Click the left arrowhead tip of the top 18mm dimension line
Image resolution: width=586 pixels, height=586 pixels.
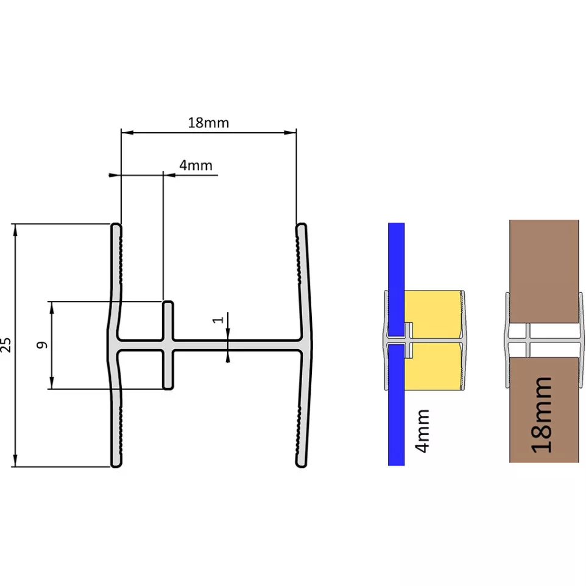tap(121, 132)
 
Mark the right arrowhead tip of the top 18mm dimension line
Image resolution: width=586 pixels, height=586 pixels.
tap(296, 132)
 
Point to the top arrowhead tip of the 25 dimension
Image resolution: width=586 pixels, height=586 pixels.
tap(15, 224)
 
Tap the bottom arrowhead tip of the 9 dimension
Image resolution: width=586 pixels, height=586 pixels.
tap(52, 389)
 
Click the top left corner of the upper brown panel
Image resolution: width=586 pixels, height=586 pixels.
tap(510, 220)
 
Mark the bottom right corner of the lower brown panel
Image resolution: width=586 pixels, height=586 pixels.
tap(579, 462)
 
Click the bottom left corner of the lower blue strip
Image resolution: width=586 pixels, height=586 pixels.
tap(388, 465)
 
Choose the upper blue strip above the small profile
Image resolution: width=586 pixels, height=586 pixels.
tap(396, 280)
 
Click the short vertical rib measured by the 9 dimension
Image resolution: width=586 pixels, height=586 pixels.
tap(168, 345)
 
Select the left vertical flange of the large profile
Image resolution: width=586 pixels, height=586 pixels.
tap(116, 345)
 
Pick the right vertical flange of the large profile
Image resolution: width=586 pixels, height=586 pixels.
tap(304, 345)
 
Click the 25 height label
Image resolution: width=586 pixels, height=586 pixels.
tap(6, 345)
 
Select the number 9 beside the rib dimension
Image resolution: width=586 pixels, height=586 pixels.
tap(42, 345)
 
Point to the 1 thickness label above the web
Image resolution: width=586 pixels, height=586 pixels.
tap(218, 320)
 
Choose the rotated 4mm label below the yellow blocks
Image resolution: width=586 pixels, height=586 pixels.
tap(422, 431)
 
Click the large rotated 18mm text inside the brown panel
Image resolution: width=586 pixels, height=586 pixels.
tap(542, 415)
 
